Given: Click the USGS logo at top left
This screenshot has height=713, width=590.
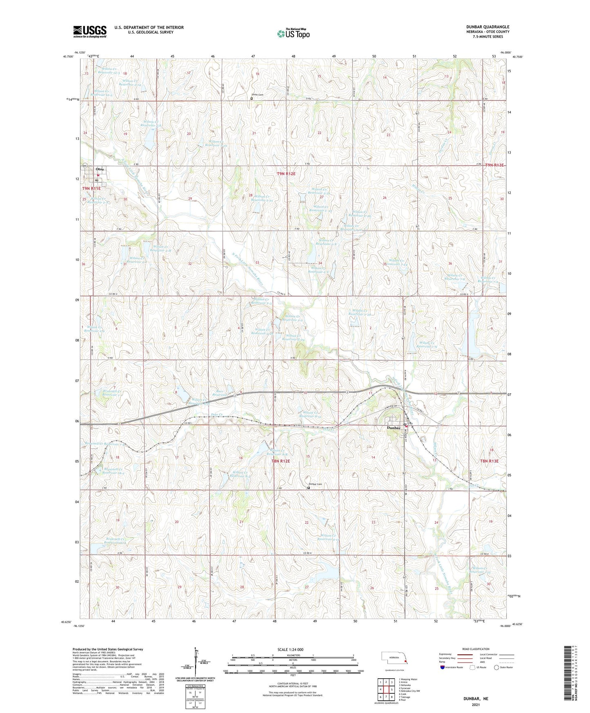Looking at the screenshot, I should pos(90,31).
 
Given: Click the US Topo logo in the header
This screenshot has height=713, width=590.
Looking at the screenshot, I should pos(293,33).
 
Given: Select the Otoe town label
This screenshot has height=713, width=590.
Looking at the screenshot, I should pos(100,169).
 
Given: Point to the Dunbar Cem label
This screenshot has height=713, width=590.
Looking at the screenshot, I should pos(315,484).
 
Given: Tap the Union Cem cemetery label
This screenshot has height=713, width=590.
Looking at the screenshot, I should pos(258,95).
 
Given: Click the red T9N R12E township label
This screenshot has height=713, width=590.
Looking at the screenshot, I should pos(286,174).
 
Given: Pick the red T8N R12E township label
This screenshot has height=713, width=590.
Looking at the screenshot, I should pos(281,461).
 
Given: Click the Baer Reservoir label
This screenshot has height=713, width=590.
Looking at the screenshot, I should pos(220,394).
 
